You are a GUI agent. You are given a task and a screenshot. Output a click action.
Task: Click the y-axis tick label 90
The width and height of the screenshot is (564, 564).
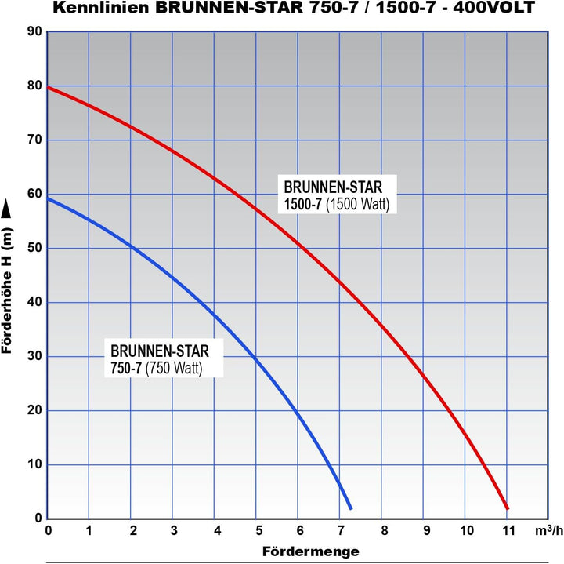tap(34, 32)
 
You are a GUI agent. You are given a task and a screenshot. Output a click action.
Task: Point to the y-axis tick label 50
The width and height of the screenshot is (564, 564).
tap(34, 249)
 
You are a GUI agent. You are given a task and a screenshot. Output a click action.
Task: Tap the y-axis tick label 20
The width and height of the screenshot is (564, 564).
tap(34, 411)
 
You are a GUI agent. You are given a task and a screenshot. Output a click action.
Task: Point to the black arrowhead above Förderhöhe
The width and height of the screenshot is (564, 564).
tap(7, 208)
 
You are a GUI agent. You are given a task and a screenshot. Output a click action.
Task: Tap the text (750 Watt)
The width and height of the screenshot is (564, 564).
tap(172, 367)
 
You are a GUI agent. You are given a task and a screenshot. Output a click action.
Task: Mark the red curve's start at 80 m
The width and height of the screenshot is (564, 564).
tap(49, 87)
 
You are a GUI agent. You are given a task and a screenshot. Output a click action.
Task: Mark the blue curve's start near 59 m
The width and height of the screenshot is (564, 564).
tap(49, 199)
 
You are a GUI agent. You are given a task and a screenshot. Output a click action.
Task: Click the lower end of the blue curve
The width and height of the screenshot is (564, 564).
tap(350, 508)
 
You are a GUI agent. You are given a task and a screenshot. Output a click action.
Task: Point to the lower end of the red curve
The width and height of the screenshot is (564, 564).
tap(508, 508)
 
